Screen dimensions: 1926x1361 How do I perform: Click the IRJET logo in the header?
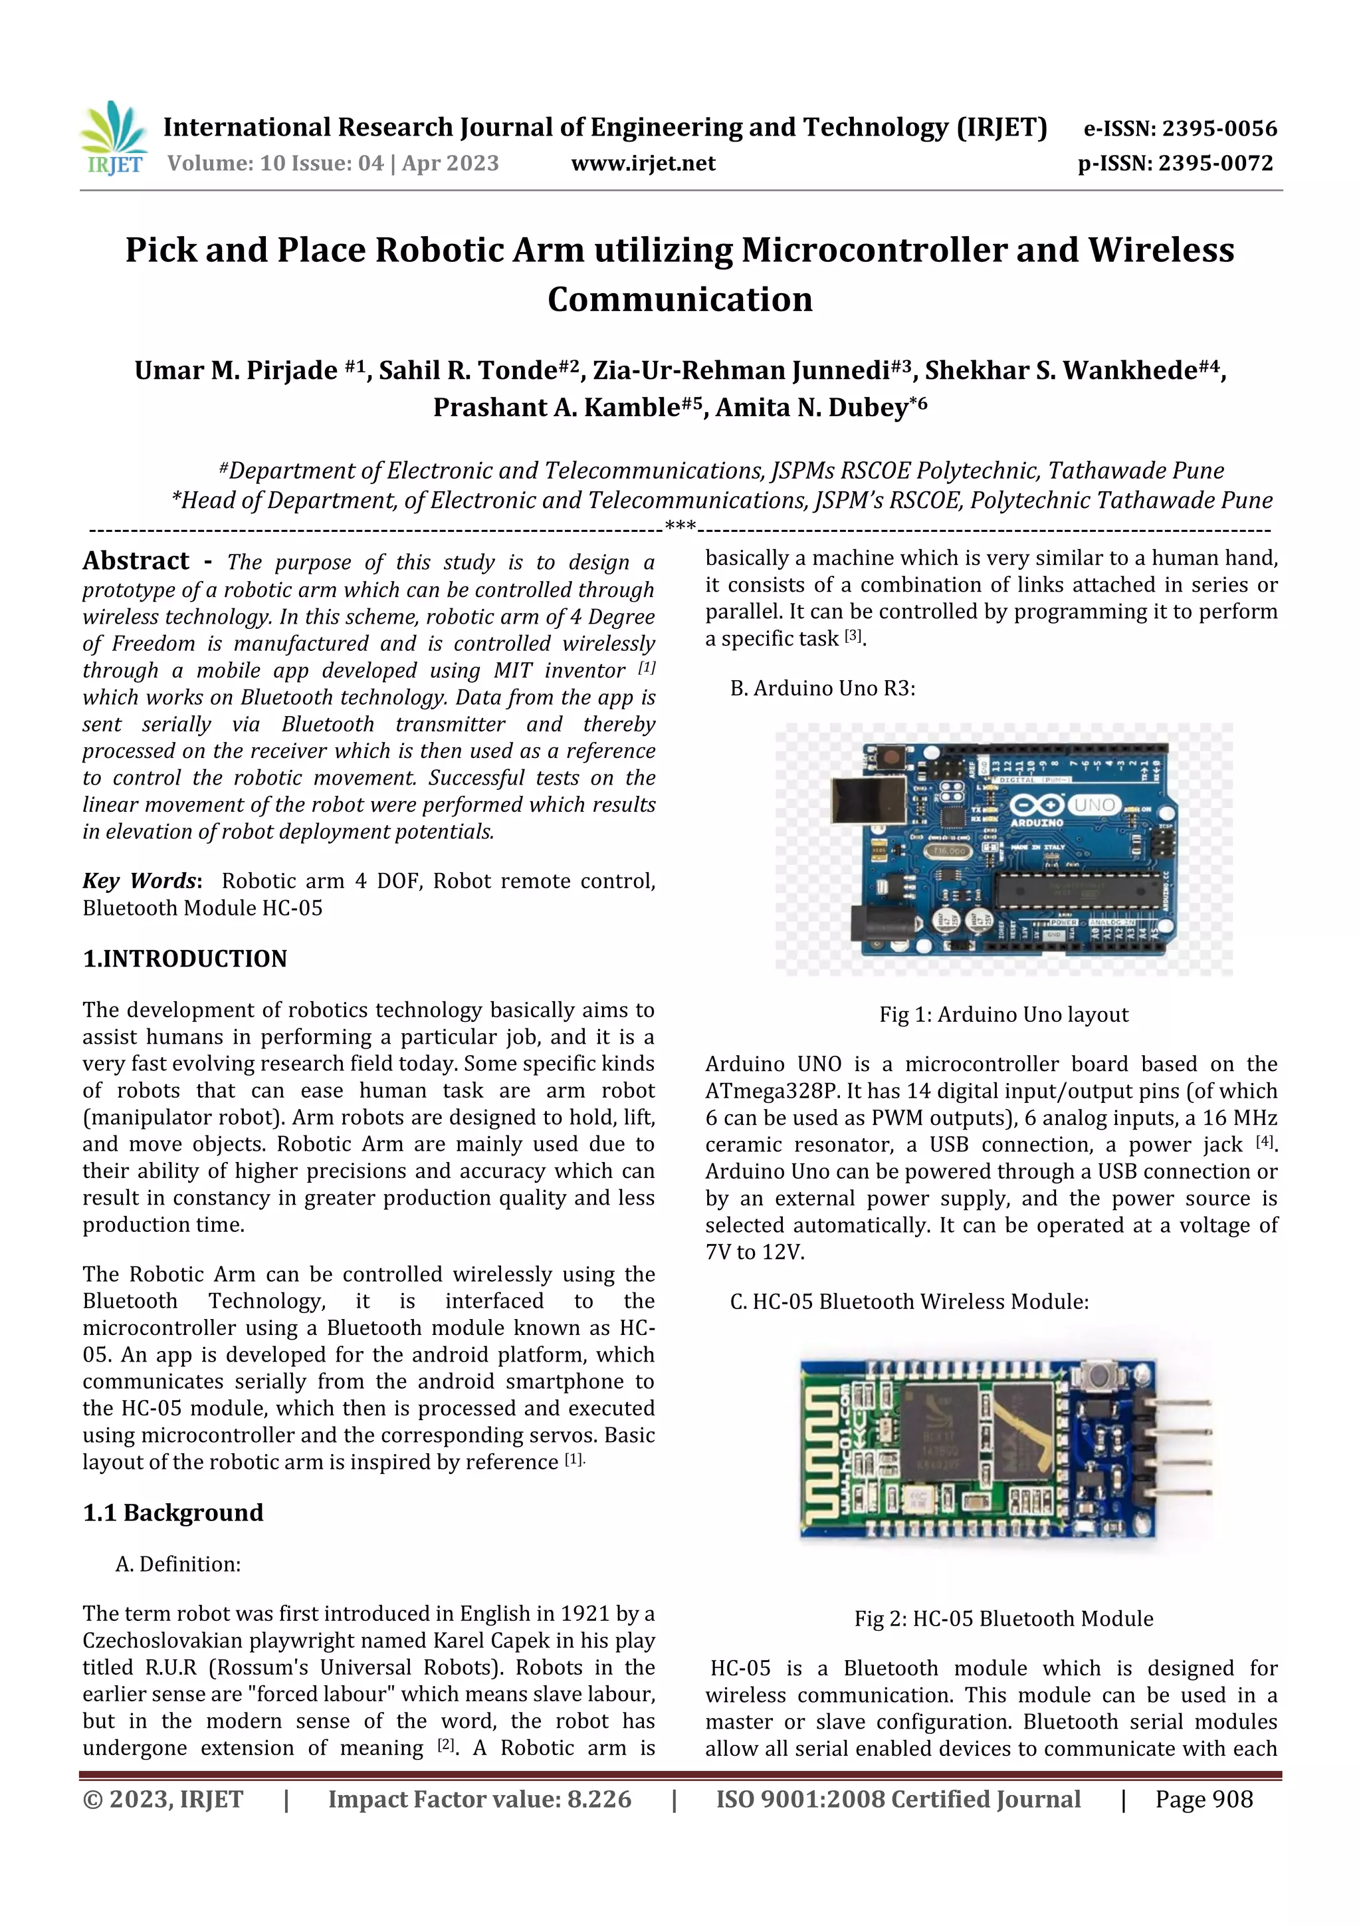(x=113, y=138)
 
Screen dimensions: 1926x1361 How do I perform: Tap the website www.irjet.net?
(x=643, y=164)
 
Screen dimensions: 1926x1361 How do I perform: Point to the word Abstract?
(x=136, y=560)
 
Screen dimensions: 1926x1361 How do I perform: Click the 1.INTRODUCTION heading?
(x=185, y=959)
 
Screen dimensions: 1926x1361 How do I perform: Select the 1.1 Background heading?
(x=173, y=1512)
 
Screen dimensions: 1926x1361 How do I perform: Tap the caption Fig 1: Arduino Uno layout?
(x=1003, y=1014)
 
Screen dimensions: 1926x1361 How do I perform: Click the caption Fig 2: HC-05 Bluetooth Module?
(x=1003, y=1618)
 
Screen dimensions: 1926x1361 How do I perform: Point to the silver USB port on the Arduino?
(x=865, y=798)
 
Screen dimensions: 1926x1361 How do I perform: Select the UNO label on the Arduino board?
(x=1095, y=804)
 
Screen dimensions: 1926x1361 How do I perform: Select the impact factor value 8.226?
(x=598, y=1799)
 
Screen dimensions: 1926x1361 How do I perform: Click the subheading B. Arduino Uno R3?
(x=822, y=689)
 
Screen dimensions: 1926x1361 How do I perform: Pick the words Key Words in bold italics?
(x=139, y=881)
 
